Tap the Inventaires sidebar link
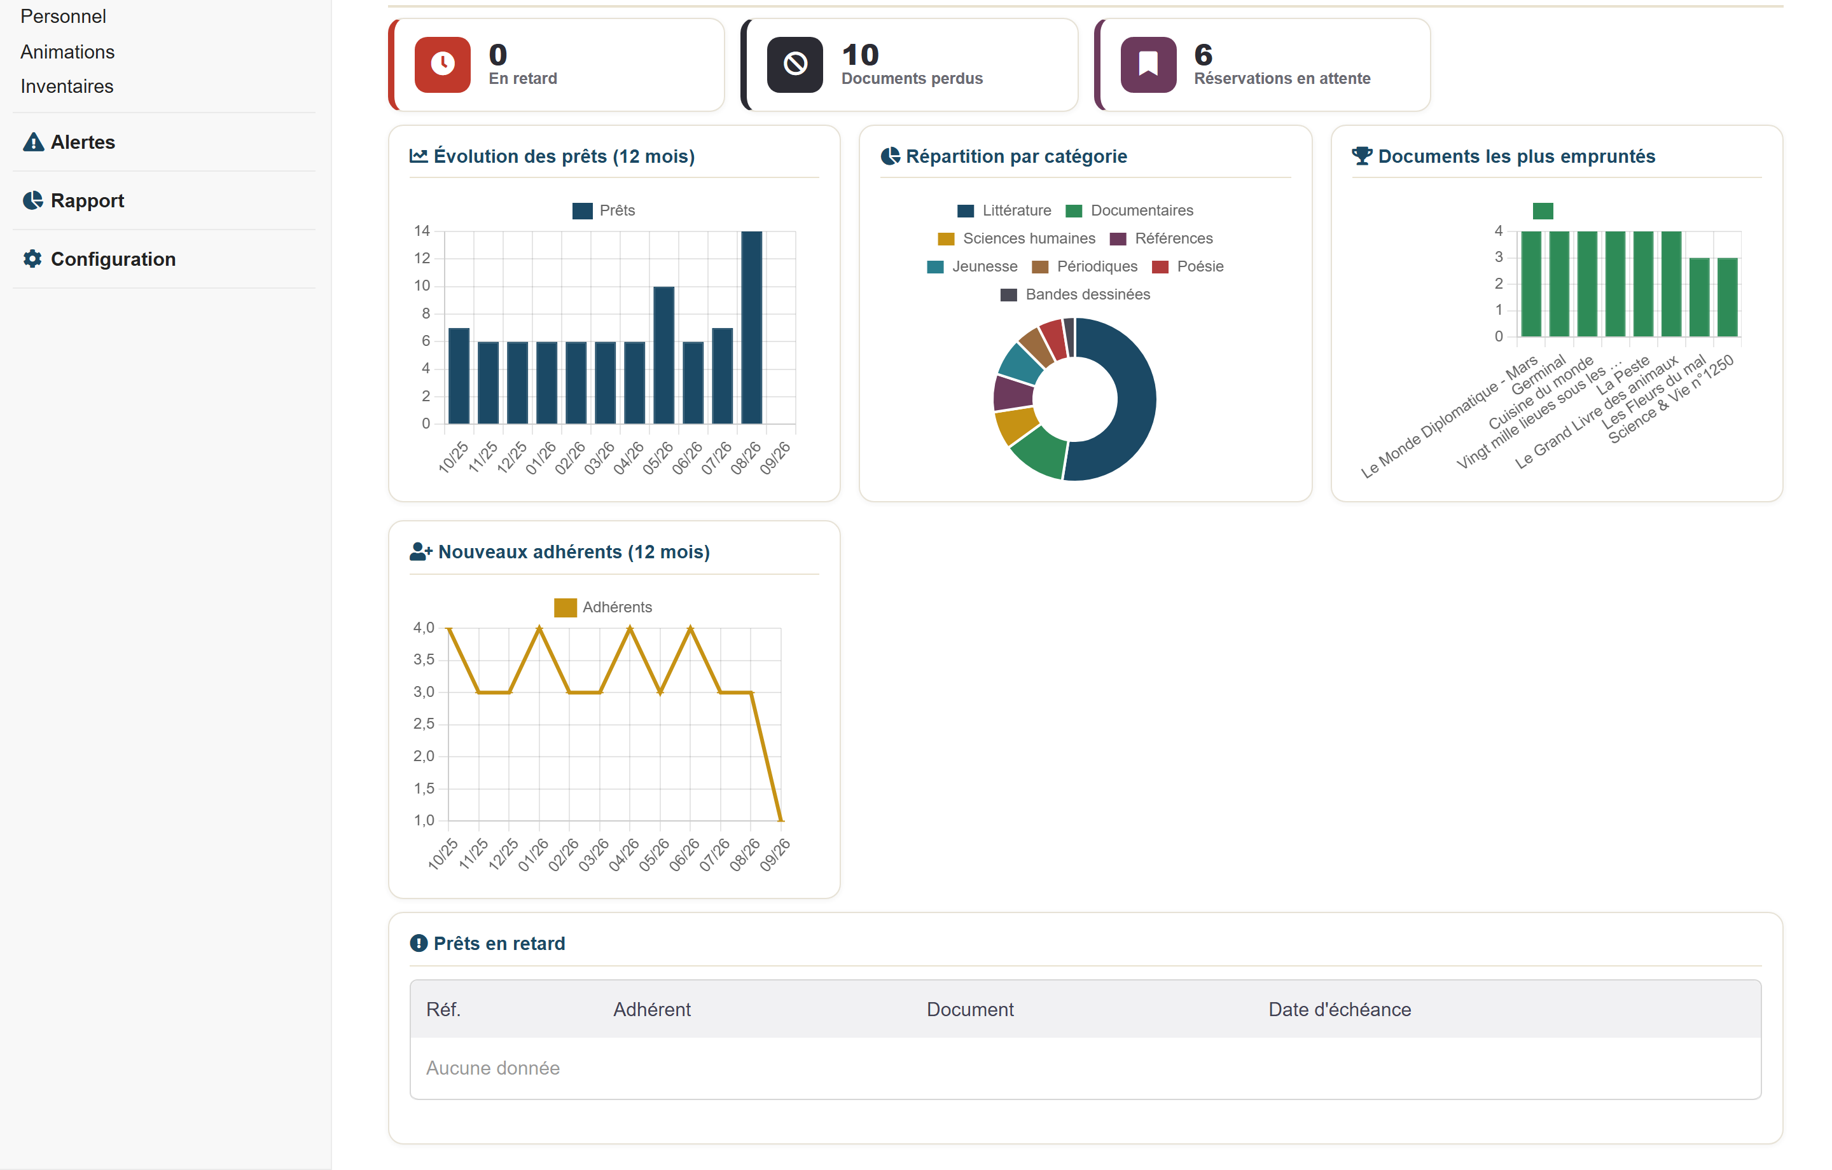pyautogui.click(x=67, y=86)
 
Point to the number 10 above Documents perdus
pyautogui.click(x=861, y=55)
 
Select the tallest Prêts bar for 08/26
pyautogui.click(x=752, y=327)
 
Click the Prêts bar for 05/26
pyautogui.click(x=663, y=355)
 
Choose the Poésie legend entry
pyautogui.click(x=1188, y=266)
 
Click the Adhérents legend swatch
pyautogui.click(x=566, y=608)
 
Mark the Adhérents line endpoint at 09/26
pyautogui.click(x=781, y=821)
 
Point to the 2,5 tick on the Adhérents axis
pyautogui.click(x=424, y=724)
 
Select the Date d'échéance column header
pyautogui.click(x=1340, y=1010)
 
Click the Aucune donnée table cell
pyautogui.click(x=493, y=1068)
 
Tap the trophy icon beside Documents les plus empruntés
pyautogui.click(x=1362, y=156)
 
